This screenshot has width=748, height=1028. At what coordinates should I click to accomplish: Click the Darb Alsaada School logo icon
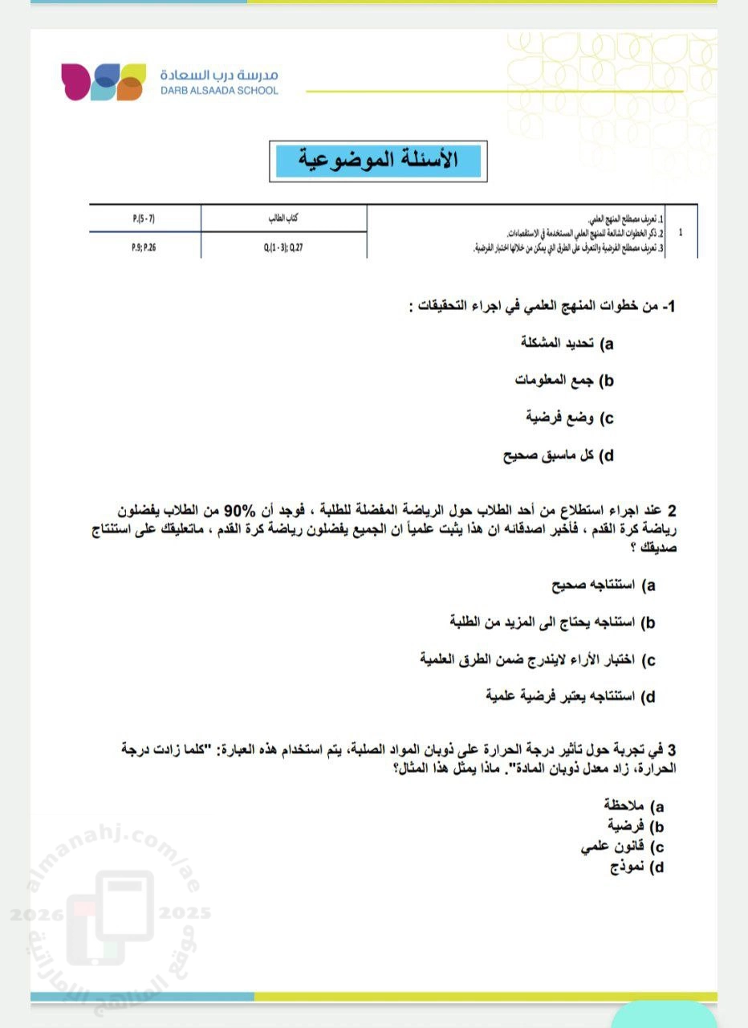coord(103,81)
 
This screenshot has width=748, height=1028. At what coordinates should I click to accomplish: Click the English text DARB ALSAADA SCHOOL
coord(219,91)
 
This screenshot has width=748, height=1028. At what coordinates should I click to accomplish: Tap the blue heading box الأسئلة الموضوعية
coord(378,161)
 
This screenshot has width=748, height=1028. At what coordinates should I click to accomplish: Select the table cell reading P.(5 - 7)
coord(145,218)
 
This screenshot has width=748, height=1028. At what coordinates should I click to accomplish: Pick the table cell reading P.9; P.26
coord(144,248)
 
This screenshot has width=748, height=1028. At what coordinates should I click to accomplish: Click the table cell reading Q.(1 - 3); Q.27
coord(283,248)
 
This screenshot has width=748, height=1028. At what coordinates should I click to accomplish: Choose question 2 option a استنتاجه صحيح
coord(604,585)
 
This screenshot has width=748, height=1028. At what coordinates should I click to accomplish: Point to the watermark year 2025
coord(185,913)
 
